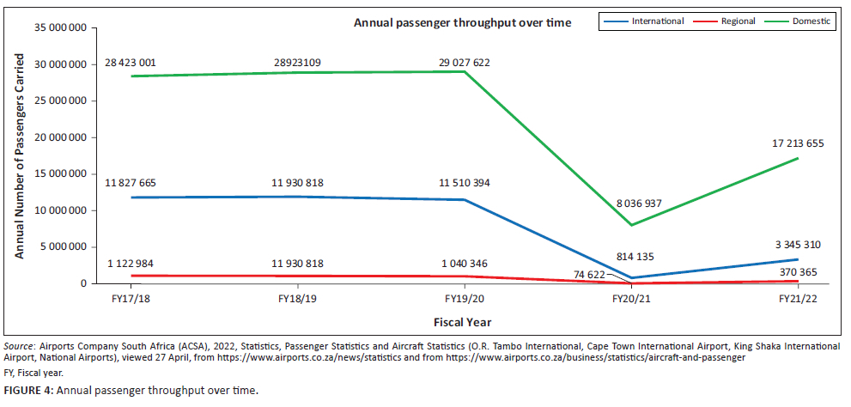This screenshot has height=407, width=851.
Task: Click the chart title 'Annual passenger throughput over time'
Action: click(x=462, y=22)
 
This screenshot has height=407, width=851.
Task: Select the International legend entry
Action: click(x=656, y=21)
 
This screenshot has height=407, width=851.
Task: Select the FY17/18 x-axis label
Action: click(x=131, y=298)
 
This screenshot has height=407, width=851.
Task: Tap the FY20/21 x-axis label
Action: click(x=631, y=298)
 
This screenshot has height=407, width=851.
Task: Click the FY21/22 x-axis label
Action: click(x=799, y=298)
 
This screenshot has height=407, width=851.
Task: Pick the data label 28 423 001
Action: click(x=131, y=64)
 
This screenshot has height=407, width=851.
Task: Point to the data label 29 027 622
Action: click(x=465, y=64)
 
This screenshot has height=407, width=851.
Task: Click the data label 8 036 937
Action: click(x=631, y=204)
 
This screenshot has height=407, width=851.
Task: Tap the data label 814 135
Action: click(x=631, y=256)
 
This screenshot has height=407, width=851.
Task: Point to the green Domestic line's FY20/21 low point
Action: click(x=631, y=225)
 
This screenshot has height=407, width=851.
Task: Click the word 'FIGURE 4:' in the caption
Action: click(x=27, y=391)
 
